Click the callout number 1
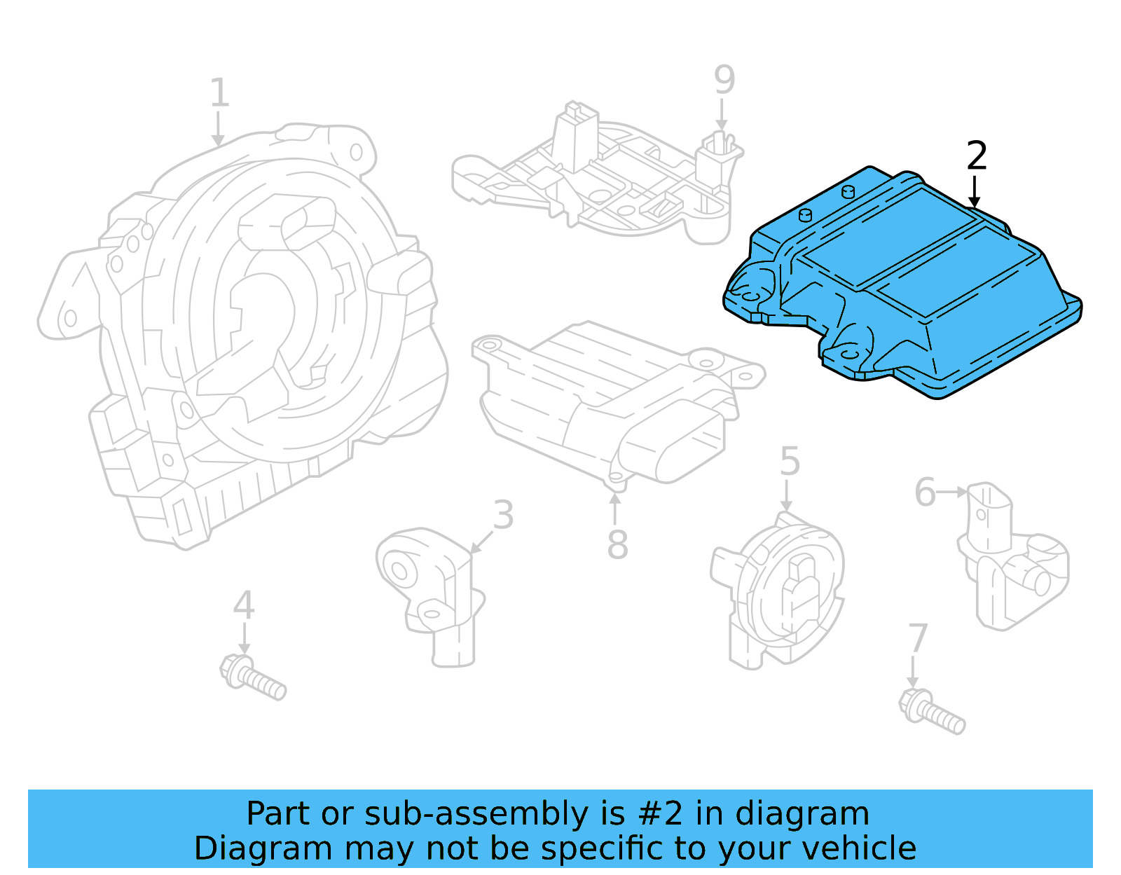[x=219, y=93]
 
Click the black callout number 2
[x=976, y=156]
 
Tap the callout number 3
[x=503, y=515]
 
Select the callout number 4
[x=243, y=605]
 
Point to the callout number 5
[x=790, y=461]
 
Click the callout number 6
[x=925, y=492]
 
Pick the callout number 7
[x=917, y=638]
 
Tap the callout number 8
[x=617, y=544]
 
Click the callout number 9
[x=724, y=80]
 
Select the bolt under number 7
[x=931, y=712]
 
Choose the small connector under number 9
[x=720, y=158]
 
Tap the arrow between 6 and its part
[x=953, y=492]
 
